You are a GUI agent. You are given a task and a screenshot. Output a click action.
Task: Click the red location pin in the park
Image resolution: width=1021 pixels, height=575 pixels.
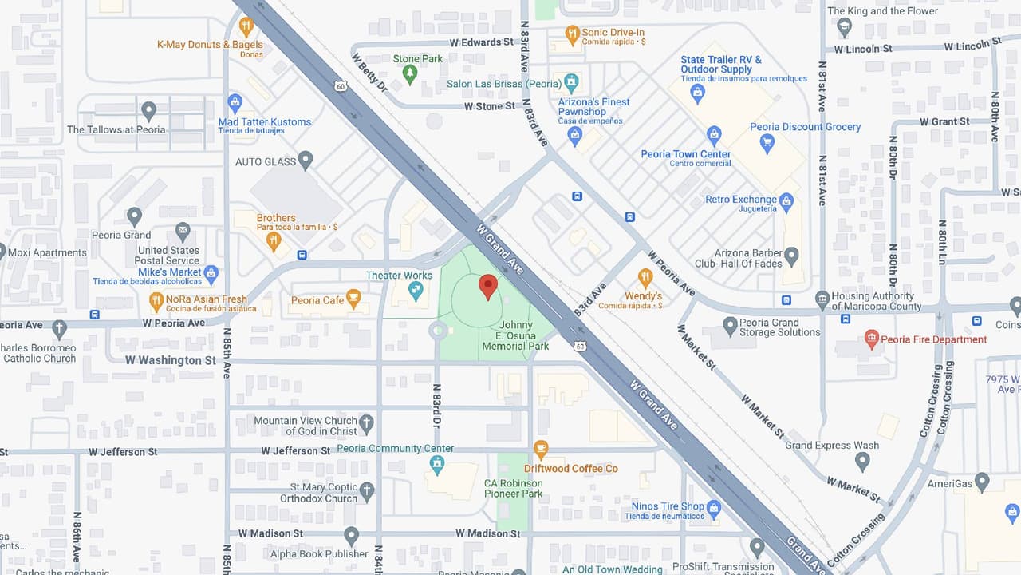(x=488, y=286)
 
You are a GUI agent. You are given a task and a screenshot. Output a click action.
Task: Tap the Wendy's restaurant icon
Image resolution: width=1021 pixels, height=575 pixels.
(x=645, y=277)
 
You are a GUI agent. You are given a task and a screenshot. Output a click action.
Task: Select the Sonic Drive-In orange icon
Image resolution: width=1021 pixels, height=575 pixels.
(x=572, y=34)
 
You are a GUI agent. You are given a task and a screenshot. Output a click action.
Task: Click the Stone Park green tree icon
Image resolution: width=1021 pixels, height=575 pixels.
(x=410, y=74)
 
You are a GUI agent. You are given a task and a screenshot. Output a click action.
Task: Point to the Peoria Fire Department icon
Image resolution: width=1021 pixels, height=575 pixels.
(x=872, y=339)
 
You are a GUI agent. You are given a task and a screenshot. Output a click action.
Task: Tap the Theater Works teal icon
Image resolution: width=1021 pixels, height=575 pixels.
(x=415, y=292)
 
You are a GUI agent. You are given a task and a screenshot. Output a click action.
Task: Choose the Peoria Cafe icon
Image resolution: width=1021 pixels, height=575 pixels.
(x=354, y=299)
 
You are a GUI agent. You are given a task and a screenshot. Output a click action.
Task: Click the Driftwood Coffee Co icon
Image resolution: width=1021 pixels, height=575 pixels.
(x=541, y=450)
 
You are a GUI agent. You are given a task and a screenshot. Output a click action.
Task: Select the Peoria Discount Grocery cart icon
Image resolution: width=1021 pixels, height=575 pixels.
(x=767, y=144)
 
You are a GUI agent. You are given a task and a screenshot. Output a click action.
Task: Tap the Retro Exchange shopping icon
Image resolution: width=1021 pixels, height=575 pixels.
(x=787, y=200)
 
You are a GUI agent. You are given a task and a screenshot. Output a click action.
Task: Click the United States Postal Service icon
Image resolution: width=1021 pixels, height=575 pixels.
(x=183, y=232)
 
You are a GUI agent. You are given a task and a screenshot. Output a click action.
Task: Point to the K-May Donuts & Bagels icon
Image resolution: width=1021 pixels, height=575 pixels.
(x=246, y=26)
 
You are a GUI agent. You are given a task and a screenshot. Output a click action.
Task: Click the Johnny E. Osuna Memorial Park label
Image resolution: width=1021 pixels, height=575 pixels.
(x=515, y=335)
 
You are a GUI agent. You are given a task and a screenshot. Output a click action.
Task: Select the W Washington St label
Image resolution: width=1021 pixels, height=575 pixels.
(x=170, y=360)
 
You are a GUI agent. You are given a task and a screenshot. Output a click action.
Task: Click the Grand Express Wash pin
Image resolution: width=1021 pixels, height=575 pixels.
(x=862, y=461)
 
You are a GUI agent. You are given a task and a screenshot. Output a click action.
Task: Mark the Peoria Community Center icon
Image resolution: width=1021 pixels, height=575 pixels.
(x=437, y=464)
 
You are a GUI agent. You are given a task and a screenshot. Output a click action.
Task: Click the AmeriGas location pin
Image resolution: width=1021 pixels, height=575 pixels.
(x=982, y=482)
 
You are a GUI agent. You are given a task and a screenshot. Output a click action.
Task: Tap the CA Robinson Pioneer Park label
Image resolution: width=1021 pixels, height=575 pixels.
(x=514, y=488)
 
